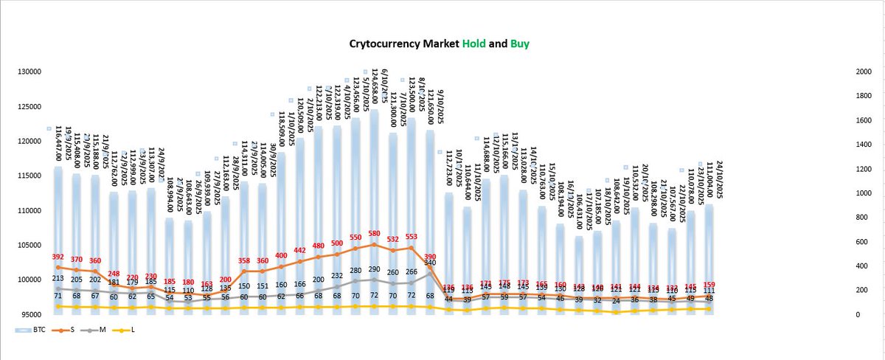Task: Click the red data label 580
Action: coord(374,234)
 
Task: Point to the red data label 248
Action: coord(113,273)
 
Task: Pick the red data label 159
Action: coord(709,284)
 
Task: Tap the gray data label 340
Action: coord(430,263)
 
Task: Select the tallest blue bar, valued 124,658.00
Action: coord(374,207)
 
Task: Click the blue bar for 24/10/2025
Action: coord(709,251)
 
